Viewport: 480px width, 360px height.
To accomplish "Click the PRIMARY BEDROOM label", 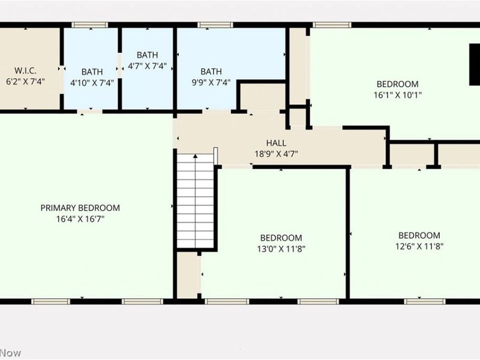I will coord(80,208).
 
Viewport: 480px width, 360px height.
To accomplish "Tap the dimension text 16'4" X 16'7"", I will coord(80,219).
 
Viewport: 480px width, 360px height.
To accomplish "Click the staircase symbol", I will coord(196,201).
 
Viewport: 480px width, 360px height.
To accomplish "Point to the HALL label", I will coord(277,143).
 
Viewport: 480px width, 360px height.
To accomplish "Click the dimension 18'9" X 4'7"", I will coord(277,154).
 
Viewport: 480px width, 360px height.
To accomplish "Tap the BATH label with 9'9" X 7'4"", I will coord(211,71).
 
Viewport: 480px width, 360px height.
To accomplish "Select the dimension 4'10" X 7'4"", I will coord(92,83).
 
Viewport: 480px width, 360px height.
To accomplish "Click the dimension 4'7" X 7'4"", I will coord(147,66).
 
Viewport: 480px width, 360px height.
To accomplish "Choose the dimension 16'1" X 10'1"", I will coord(397,95).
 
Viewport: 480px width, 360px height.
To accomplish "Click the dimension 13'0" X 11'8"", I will coord(281,248).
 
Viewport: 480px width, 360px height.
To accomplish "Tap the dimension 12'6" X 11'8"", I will coord(419,246).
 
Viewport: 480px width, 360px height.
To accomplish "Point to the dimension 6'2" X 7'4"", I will coord(25,81).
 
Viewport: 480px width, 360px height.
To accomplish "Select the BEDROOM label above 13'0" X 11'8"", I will coord(281,238).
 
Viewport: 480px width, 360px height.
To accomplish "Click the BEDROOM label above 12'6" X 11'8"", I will coord(419,235).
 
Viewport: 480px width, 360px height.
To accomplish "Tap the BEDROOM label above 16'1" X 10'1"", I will coord(397,84).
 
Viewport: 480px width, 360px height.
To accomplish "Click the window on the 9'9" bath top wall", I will coord(207,25).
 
